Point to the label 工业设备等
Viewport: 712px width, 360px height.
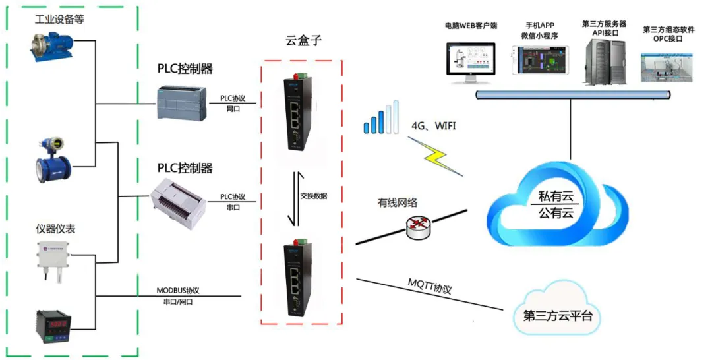(59, 20)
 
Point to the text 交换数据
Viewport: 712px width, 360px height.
(313, 196)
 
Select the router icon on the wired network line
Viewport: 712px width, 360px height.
(417, 228)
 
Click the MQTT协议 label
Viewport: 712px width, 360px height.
(429, 288)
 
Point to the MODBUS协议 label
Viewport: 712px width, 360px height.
(177, 290)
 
